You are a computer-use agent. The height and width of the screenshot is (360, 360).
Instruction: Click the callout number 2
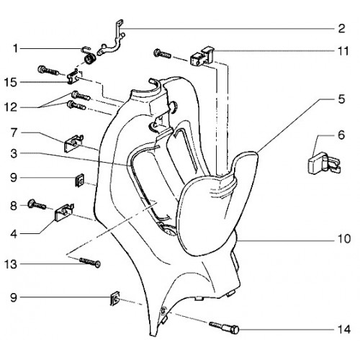[x=341, y=29]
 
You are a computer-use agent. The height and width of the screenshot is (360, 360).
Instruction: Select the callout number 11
[x=343, y=51]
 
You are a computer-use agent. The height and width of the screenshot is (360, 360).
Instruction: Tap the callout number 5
[x=341, y=99]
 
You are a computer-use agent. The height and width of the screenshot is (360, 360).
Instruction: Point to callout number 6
[x=341, y=135]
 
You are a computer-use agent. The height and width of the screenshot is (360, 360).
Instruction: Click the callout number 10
[x=344, y=239]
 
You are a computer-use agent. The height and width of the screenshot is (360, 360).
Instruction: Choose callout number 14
[x=344, y=330]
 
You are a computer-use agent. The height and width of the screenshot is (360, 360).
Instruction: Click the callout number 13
[x=11, y=264]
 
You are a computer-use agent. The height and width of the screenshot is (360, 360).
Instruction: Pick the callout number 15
[x=11, y=82]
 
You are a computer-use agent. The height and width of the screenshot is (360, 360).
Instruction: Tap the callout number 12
[x=11, y=107]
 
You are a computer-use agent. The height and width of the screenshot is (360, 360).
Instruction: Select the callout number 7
[x=14, y=132]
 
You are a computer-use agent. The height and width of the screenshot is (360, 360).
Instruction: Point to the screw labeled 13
[x=90, y=262]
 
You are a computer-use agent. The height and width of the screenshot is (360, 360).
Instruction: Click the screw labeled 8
[x=37, y=204]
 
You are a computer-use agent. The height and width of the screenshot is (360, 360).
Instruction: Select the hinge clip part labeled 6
[x=324, y=163]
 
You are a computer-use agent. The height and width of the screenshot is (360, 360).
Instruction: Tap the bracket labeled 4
[x=64, y=212]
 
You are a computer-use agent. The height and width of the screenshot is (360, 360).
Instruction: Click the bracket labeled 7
[x=73, y=143]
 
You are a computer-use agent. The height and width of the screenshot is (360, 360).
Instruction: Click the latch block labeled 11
[x=202, y=56]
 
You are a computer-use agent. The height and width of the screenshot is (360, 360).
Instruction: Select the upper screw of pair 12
[x=81, y=96]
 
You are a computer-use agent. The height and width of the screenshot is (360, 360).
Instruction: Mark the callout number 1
[x=16, y=49]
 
